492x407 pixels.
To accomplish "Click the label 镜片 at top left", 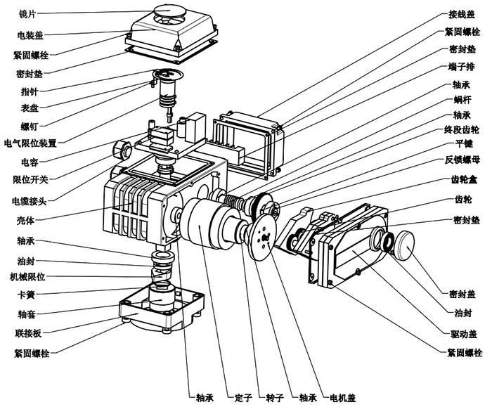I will coord(27,13).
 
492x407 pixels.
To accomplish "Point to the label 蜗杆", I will coord(462,101).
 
